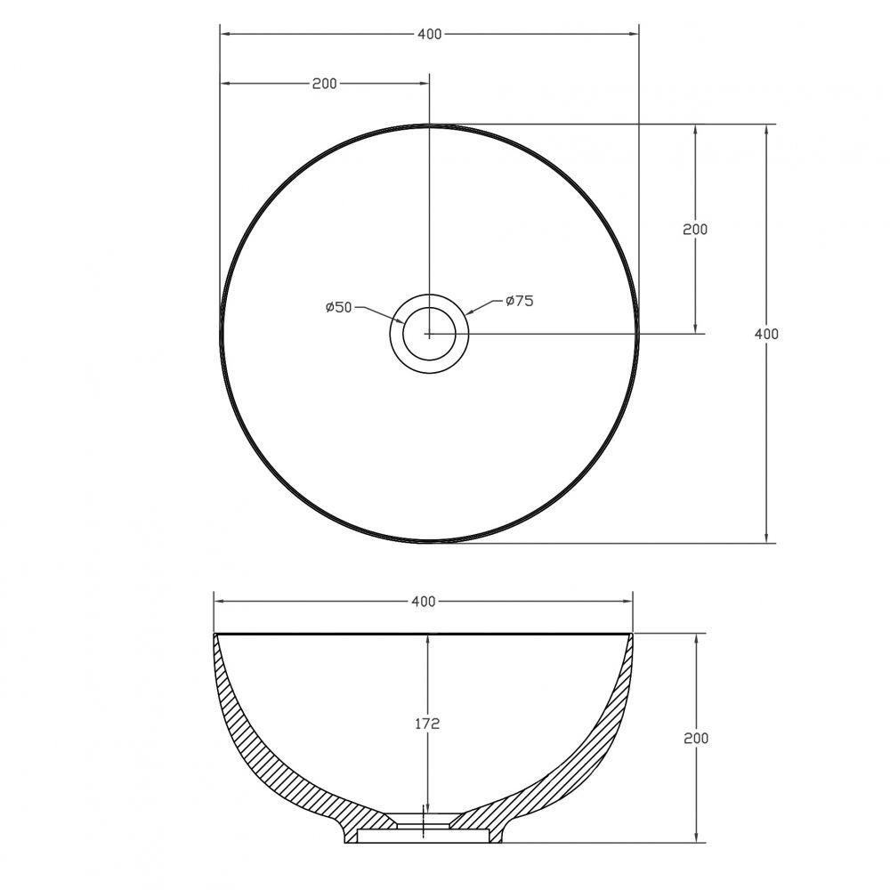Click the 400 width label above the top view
[x=429, y=34]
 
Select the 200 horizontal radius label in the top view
[x=324, y=84]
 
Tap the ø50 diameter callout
[x=339, y=307]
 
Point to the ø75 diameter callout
[x=520, y=300]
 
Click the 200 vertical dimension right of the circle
[x=695, y=230]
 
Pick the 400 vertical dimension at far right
[x=766, y=335]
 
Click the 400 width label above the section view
[x=424, y=601]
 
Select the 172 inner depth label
[x=427, y=724]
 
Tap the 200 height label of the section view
[x=696, y=738]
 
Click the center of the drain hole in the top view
[x=429, y=334]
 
